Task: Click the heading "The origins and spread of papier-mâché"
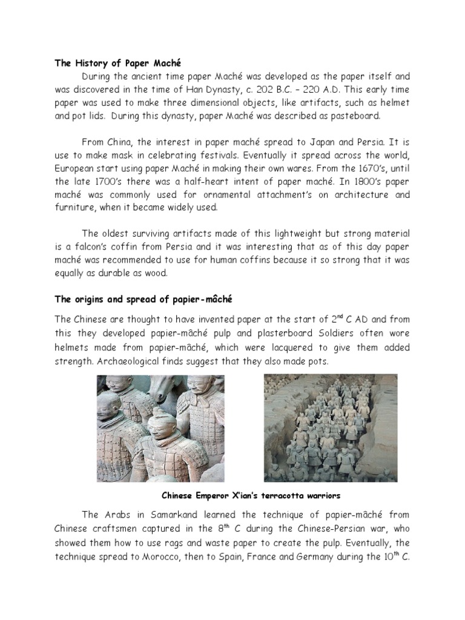pos(144,299)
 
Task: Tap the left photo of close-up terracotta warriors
pos(160,428)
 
